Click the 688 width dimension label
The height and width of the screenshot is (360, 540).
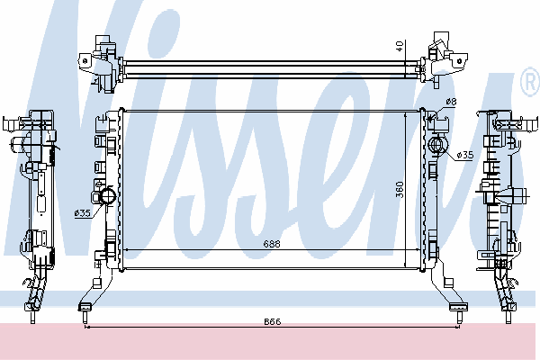click(x=272, y=244)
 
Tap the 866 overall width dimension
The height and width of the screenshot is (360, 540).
click(x=273, y=322)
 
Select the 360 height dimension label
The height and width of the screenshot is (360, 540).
click(x=400, y=190)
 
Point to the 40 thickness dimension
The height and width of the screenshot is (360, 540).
click(x=400, y=46)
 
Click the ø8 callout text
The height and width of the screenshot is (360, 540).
click(x=451, y=102)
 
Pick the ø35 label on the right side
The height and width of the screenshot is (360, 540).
click(x=465, y=156)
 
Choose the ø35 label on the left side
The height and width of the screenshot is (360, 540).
click(x=82, y=213)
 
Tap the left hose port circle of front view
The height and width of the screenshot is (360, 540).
click(x=108, y=196)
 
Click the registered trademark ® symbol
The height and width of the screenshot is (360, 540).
click(x=530, y=82)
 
